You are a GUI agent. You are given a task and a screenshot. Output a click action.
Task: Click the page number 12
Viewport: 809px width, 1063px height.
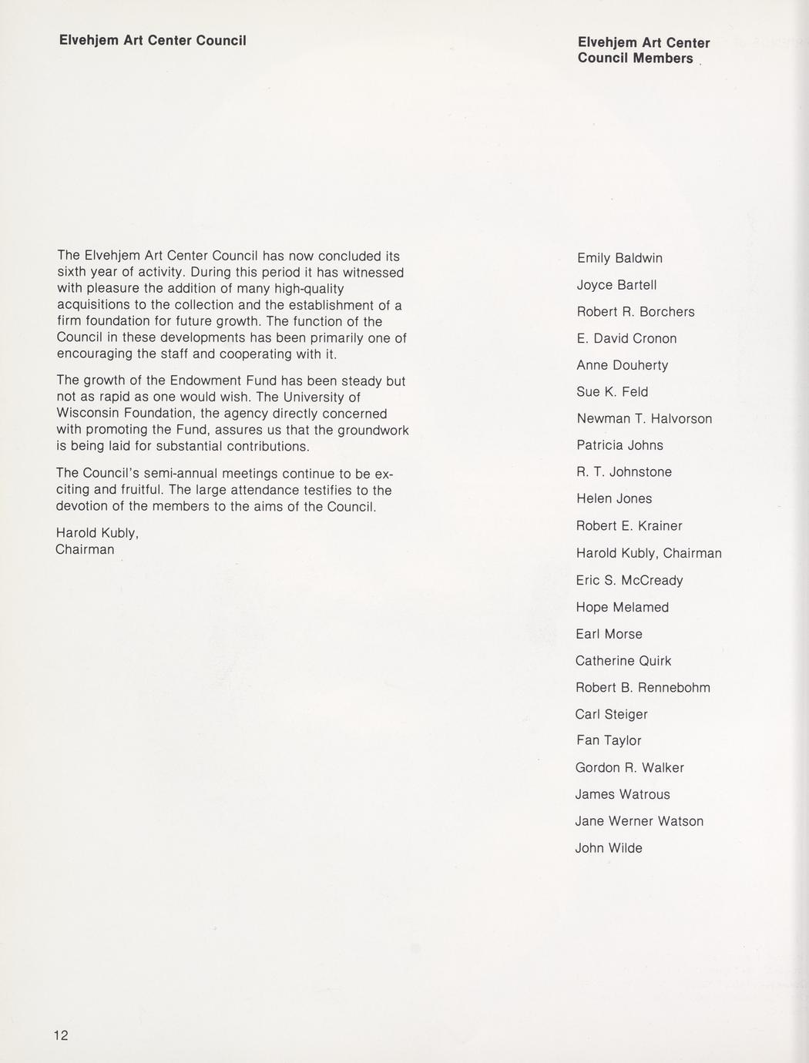click(61, 1035)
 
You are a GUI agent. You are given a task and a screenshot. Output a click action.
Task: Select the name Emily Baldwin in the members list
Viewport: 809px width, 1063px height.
click(619, 258)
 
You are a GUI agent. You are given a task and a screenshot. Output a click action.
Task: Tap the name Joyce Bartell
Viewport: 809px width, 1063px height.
click(616, 285)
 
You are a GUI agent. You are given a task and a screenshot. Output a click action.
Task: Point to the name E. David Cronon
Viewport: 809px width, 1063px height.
click(626, 339)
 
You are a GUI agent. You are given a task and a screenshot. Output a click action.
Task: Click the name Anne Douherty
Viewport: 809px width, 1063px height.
click(622, 365)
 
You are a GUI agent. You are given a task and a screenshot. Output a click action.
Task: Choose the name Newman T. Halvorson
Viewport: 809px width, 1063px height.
click(644, 419)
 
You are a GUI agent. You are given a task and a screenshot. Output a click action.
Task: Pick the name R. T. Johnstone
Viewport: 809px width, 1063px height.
click(624, 472)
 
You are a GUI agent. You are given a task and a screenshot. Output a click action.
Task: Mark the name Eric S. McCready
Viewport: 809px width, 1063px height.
click(629, 580)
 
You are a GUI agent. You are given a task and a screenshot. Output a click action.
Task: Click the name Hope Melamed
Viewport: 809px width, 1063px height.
click(622, 607)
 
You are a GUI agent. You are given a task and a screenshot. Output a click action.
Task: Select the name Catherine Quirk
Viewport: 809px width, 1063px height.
click(623, 661)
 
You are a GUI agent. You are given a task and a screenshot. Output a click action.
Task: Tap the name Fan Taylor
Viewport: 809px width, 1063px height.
click(608, 740)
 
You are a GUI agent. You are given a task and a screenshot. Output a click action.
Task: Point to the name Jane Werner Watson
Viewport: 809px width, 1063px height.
click(639, 821)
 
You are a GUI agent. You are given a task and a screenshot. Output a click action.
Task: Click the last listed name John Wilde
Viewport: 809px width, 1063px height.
click(609, 848)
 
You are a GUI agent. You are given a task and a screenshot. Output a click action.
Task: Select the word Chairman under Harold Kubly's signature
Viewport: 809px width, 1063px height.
click(85, 549)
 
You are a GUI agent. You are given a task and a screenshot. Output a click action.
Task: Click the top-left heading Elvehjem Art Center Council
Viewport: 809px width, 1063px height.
click(153, 40)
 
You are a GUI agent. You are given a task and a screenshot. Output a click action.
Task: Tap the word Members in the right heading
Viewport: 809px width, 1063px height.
click(663, 59)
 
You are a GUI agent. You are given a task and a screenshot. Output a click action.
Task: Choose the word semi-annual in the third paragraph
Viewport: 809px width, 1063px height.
click(191, 473)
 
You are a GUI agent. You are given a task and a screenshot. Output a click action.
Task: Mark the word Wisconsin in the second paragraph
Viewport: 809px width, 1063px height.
click(87, 414)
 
